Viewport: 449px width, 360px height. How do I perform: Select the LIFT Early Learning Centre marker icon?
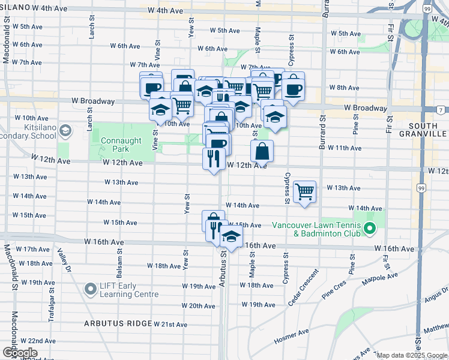(91, 290)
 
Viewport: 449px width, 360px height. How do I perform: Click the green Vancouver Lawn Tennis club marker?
(370, 229)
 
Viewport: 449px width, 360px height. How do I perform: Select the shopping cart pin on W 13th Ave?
(305, 192)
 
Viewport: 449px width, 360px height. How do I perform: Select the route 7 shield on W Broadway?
(441, 110)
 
